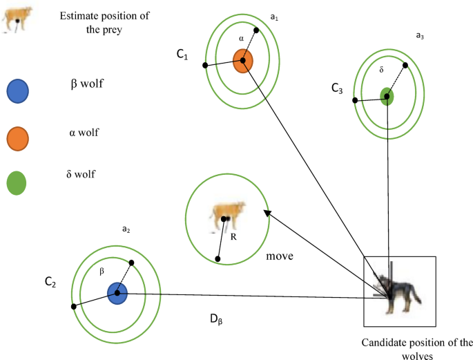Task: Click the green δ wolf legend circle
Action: coord(17,183)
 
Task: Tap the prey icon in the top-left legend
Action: coord(17,18)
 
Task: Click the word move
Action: coord(281,256)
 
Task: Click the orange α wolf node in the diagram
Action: coord(242,61)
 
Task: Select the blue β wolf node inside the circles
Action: coord(117,293)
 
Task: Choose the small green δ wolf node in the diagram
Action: coord(387,96)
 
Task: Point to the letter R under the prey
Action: coord(235,237)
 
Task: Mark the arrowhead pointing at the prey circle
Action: coord(268,214)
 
